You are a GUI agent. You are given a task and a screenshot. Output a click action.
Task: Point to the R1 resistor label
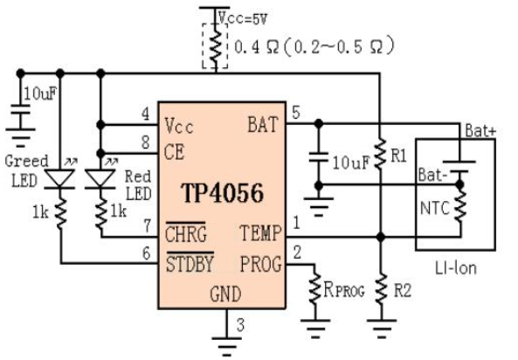399,156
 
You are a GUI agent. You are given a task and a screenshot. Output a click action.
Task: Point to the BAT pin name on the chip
260,125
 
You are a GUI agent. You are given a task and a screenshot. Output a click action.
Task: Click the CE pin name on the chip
174,150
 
